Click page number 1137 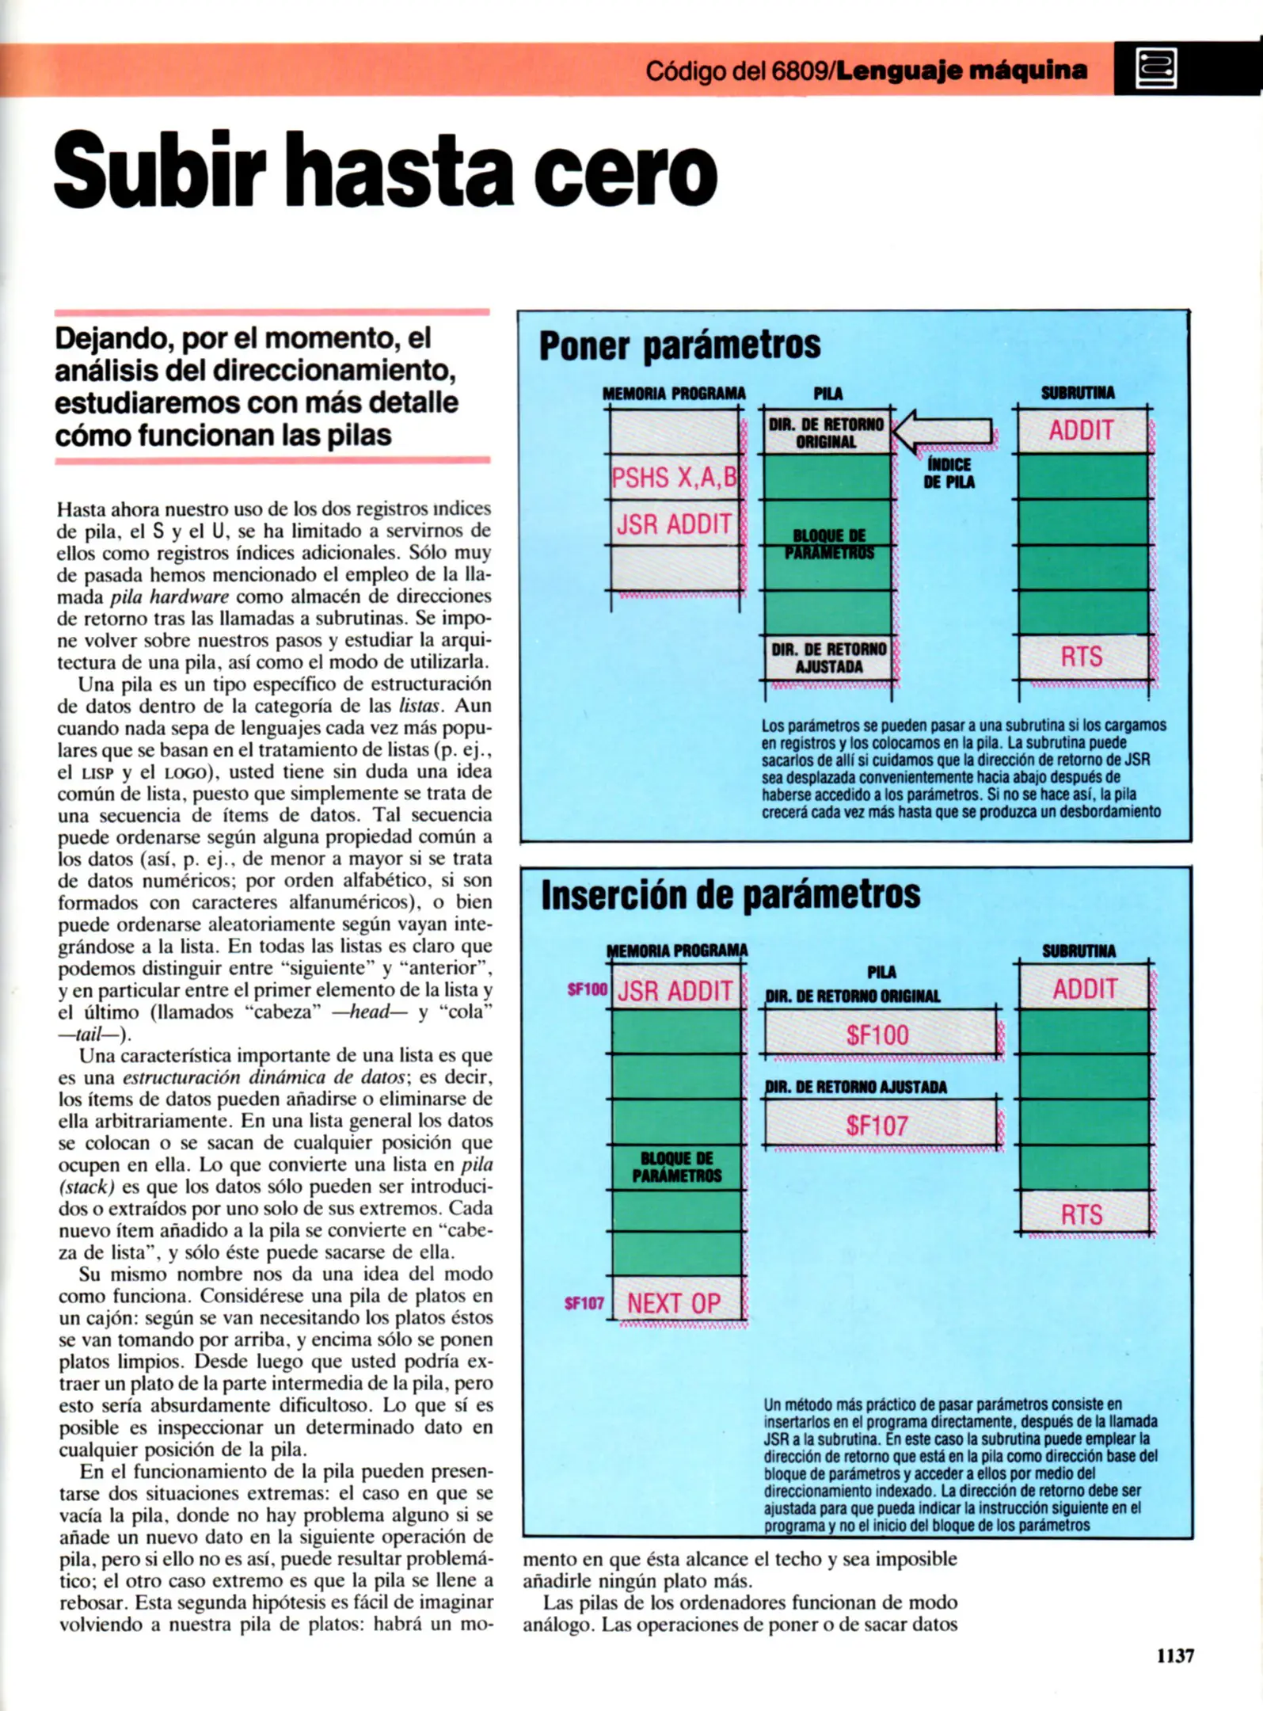point(1175,1655)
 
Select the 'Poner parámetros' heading point(679,346)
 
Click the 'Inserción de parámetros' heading point(730,894)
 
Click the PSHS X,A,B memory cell point(674,477)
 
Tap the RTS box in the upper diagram point(1082,657)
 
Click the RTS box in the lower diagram point(1082,1214)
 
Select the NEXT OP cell point(674,1302)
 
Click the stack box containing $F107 point(877,1124)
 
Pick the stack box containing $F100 point(877,1035)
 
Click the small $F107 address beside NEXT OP point(584,1303)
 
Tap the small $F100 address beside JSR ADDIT point(587,989)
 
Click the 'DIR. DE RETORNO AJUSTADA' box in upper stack point(827,657)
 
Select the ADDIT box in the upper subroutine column point(1082,431)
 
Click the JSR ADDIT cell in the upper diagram point(674,524)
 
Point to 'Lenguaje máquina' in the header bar point(961,70)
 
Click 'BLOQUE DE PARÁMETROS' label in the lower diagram point(676,1167)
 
